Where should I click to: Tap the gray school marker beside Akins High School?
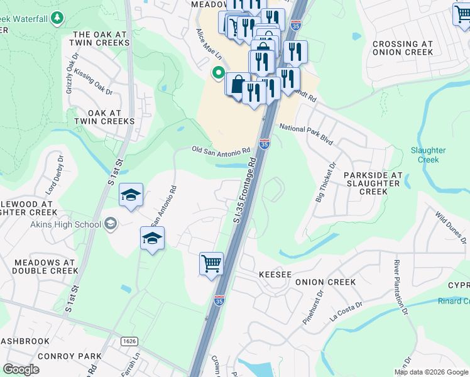pyautogui.click(x=111, y=224)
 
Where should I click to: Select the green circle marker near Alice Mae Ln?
pyautogui.click(x=218, y=74)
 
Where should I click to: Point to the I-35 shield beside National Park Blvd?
pyautogui.click(x=265, y=144)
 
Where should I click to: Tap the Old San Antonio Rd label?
pyautogui.click(x=221, y=150)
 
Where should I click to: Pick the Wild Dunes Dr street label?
pyautogui.click(x=451, y=227)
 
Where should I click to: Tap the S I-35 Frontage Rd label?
pyautogui.click(x=245, y=189)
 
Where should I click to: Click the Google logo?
pyautogui.click(x=21, y=369)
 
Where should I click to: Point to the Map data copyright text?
pyautogui.click(x=431, y=372)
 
